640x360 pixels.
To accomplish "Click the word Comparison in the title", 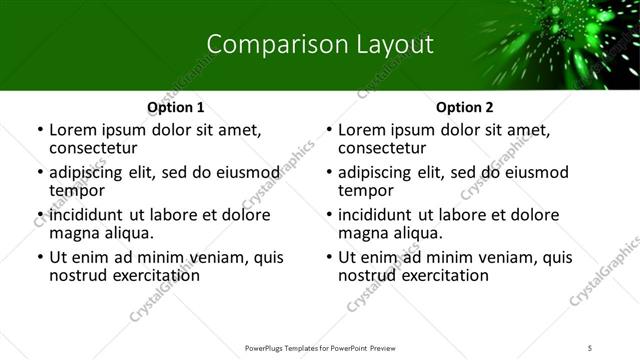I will [265, 44].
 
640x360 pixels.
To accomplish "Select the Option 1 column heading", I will [176, 108].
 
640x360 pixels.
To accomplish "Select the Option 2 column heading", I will [465, 108].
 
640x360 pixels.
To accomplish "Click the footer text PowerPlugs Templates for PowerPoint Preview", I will [320, 348].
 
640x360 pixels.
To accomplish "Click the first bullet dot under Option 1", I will [39, 130].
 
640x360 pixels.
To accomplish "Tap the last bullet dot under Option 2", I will [328, 258].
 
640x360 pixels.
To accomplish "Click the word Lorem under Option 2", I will [361, 130].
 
